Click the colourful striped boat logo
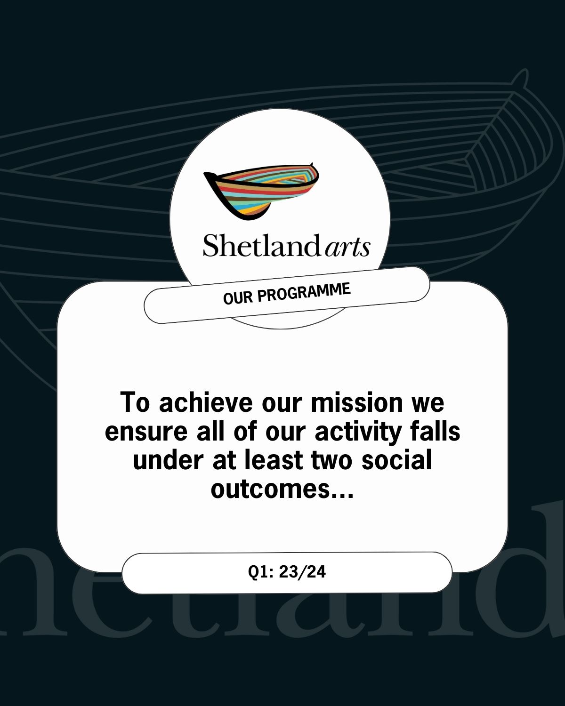261,191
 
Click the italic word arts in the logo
347,248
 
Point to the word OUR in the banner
238,298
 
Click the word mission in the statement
357,402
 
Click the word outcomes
270,490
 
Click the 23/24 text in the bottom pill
302,572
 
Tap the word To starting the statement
135,402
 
